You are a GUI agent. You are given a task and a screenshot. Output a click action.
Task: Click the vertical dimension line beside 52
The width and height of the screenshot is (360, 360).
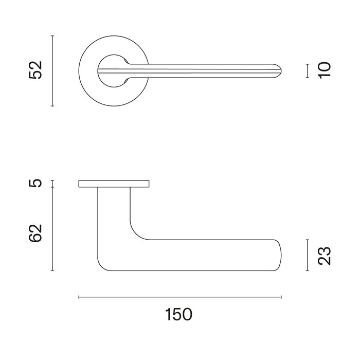tap(52, 70)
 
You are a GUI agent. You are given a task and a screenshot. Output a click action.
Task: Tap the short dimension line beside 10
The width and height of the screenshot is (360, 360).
tap(307, 70)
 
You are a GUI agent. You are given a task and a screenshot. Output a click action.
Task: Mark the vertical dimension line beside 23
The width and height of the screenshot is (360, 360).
tap(307, 255)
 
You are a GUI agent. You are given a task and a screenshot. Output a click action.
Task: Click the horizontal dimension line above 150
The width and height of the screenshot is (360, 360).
tap(180, 297)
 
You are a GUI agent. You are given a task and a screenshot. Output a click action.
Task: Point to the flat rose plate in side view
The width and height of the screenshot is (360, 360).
tap(114, 184)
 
